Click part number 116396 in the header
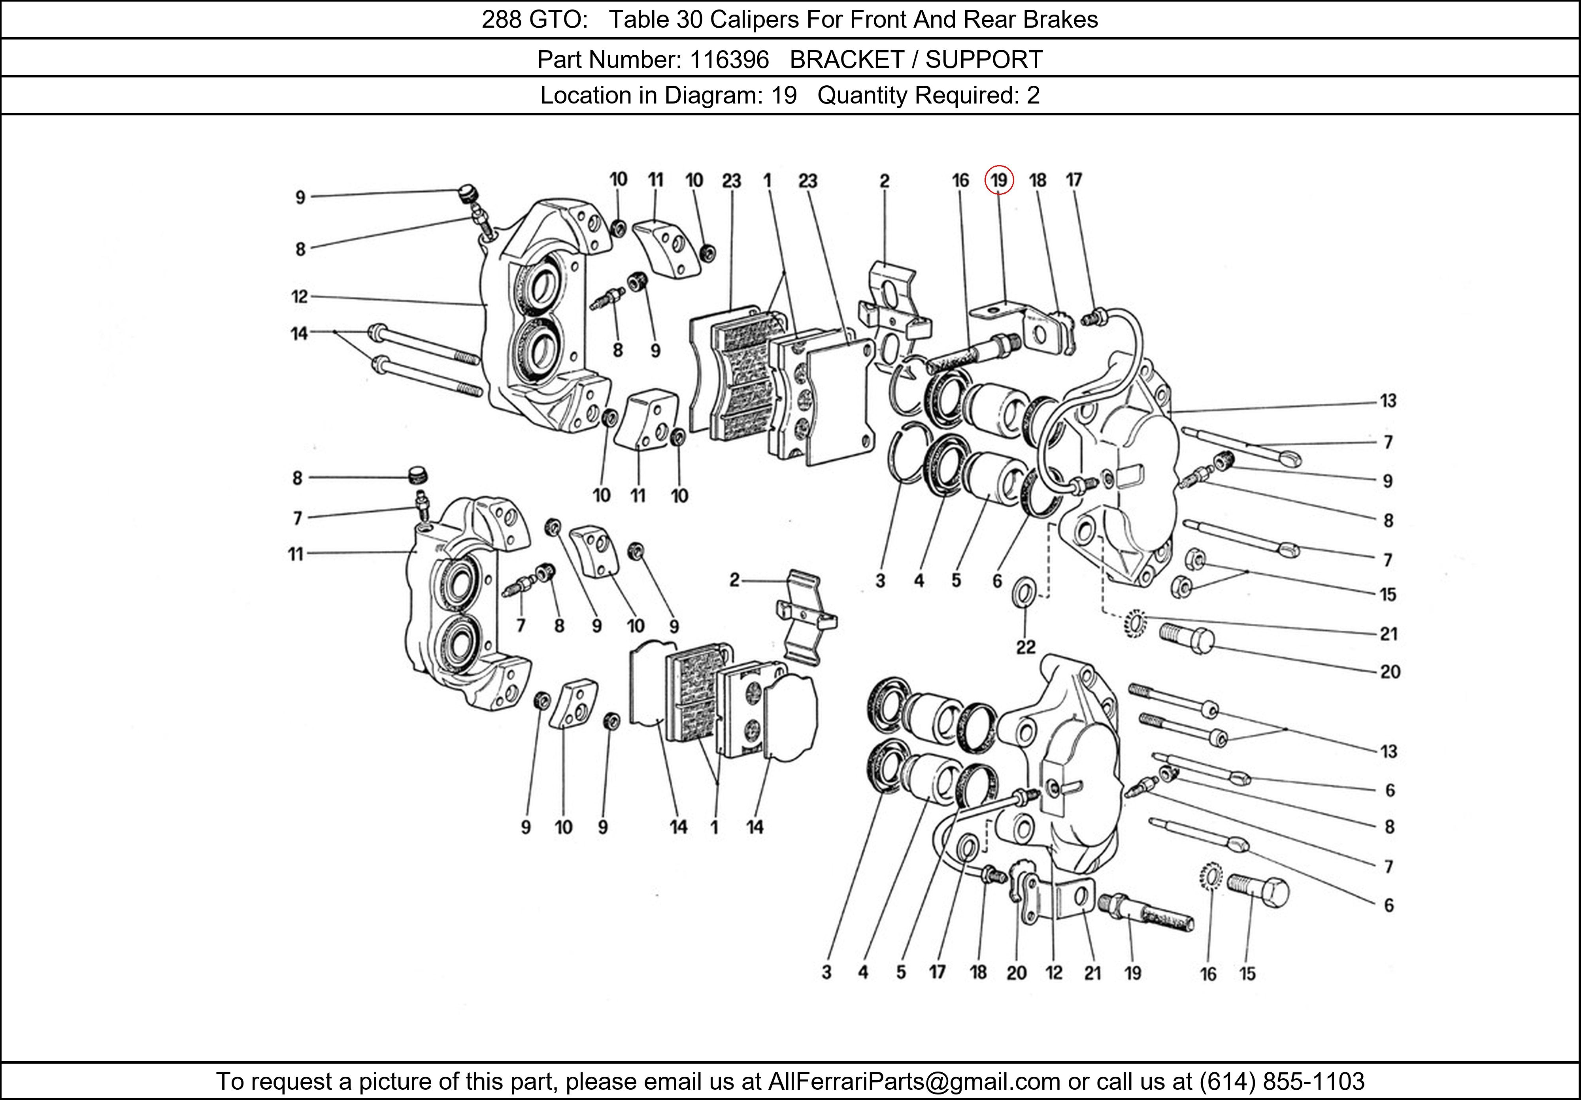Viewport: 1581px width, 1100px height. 729,60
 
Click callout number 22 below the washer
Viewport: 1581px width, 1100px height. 1025,647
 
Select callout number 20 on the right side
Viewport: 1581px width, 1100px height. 1390,672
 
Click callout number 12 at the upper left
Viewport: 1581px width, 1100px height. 300,297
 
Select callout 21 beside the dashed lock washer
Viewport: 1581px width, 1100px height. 1388,634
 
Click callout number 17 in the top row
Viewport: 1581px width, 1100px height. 1073,180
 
